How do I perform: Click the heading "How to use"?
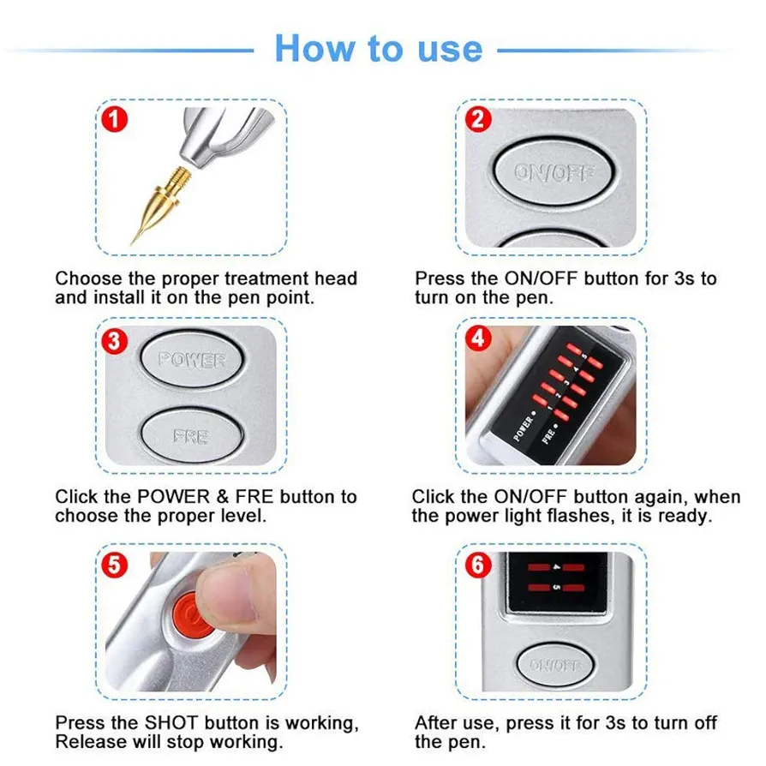(x=379, y=48)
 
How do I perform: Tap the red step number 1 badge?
(x=114, y=120)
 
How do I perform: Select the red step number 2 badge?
(x=478, y=120)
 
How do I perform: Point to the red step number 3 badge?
(x=114, y=341)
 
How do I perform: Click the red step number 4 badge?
(x=478, y=338)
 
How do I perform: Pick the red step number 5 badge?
(x=114, y=566)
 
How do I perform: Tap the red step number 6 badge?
(x=478, y=566)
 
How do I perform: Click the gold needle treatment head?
(x=160, y=205)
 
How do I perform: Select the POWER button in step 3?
(x=192, y=360)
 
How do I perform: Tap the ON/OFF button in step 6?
(x=554, y=665)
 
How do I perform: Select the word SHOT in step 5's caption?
(x=171, y=722)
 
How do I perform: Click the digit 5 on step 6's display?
(x=556, y=587)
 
